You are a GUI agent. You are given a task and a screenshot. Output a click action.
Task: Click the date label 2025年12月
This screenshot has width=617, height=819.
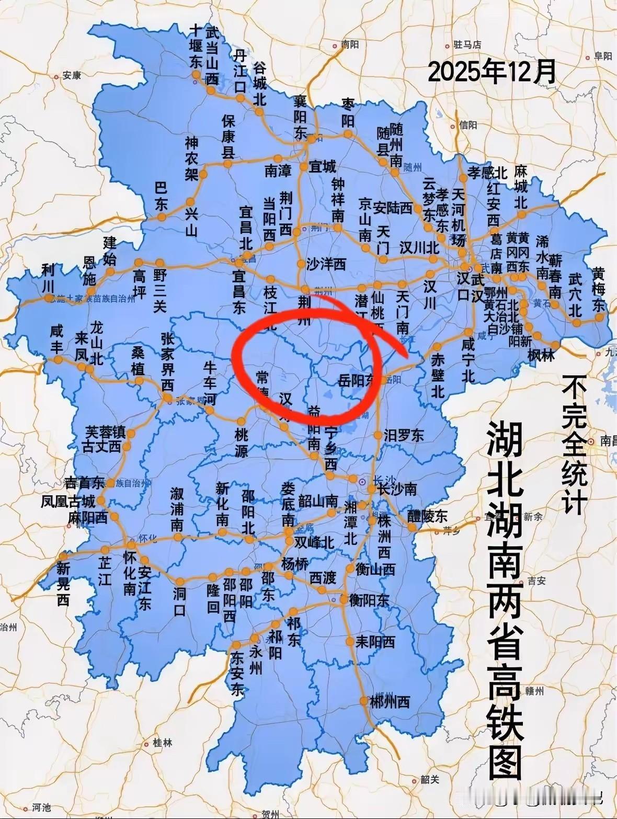(x=492, y=72)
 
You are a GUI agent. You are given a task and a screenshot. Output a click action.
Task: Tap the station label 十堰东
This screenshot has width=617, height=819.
(x=196, y=46)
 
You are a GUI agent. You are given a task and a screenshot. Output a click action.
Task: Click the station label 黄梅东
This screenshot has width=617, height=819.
(x=599, y=289)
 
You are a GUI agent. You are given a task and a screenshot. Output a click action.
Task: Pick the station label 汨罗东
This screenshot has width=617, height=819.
(x=404, y=435)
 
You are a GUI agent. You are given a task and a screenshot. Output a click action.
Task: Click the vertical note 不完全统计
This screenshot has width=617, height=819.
(x=575, y=445)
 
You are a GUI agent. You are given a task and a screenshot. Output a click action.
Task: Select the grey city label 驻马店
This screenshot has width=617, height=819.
(x=467, y=45)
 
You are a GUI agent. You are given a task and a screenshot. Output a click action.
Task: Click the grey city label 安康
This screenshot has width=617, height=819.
(x=72, y=75)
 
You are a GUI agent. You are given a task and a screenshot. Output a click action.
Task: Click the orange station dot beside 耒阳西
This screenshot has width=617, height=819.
(x=349, y=641)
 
